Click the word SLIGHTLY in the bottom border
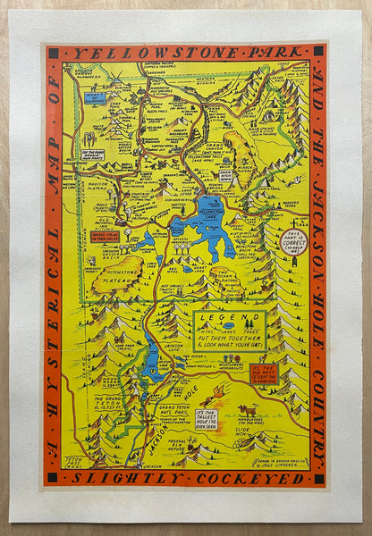123,478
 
